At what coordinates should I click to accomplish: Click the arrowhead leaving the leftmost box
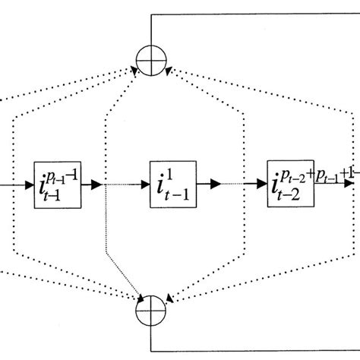click(97, 184)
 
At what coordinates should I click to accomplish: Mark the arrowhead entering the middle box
click(145, 184)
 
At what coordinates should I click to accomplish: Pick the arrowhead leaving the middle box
click(217, 184)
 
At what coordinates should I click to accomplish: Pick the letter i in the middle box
click(164, 183)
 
